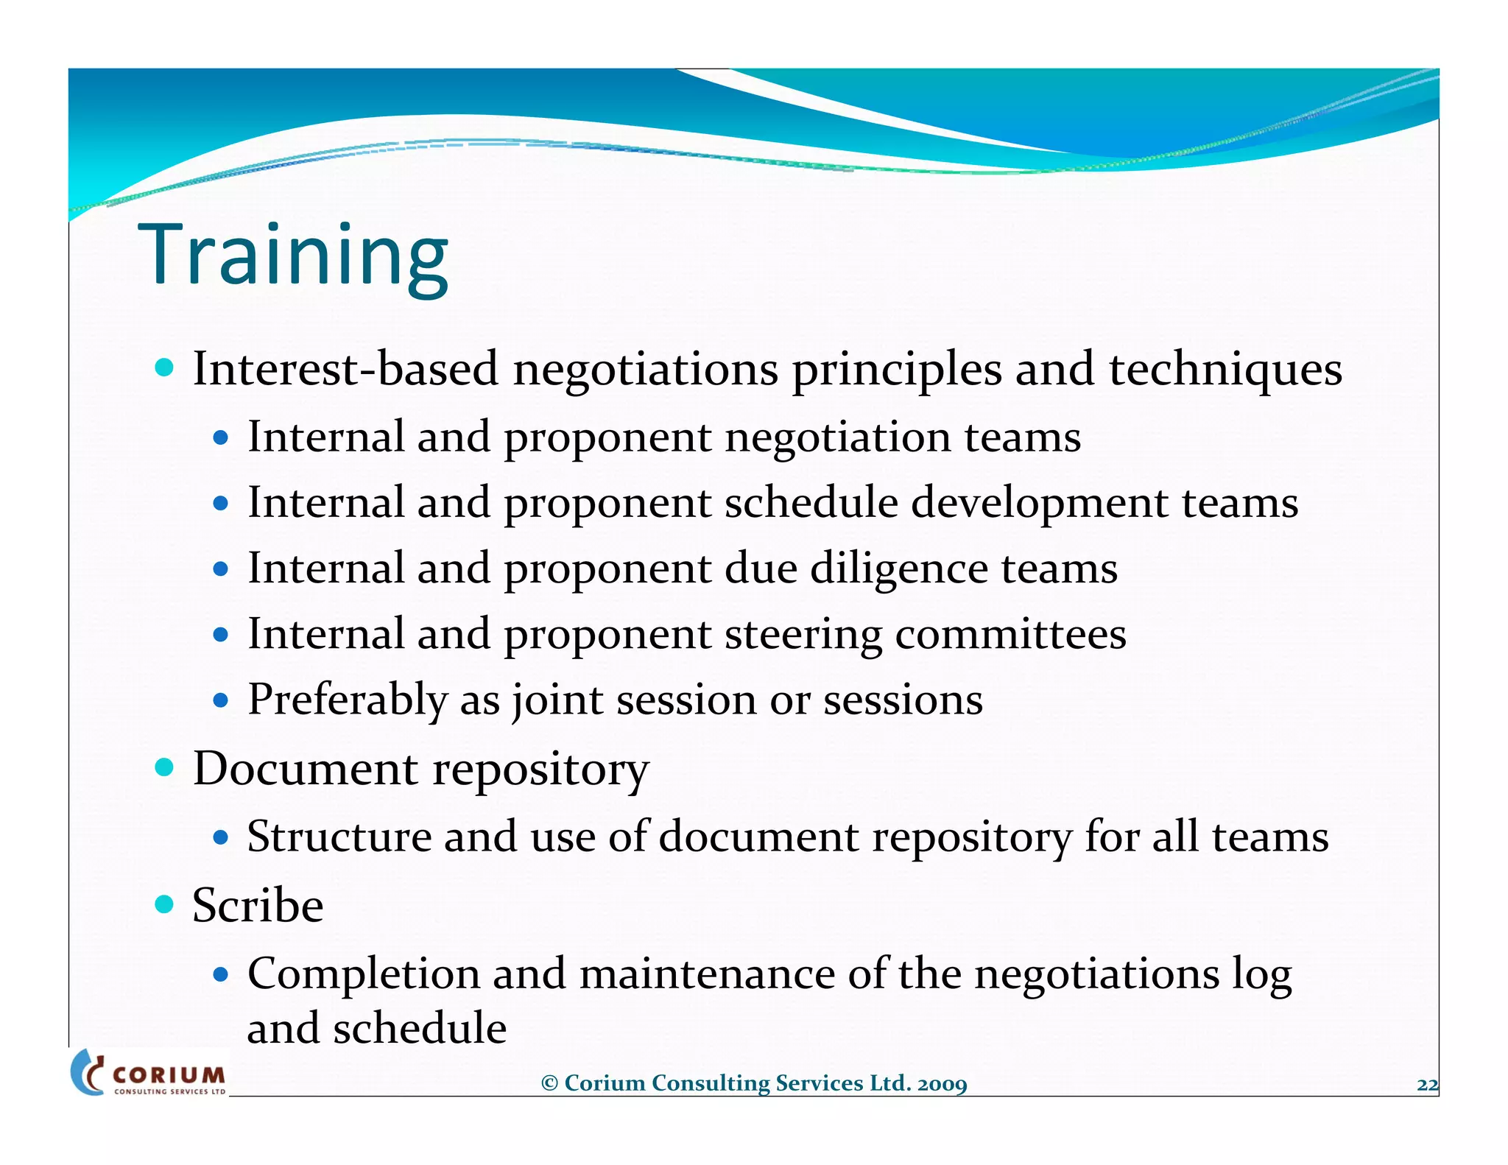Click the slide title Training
pyautogui.click(x=293, y=255)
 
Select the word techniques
pyautogui.click(x=1225, y=369)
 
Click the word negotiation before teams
pyautogui.click(x=838, y=437)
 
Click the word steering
pyautogui.click(x=803, y=635)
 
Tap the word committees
pyautogui.click(x=1010, y=635)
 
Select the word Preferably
pyautogui.click(x=348, y=700)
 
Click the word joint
pyautogui.click(x=558, y=700)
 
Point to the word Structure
pyautogui.click(x=339, y=837)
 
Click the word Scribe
pyautogui.click(x=258, y=905)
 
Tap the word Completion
pyautogui.click(x=364, y=974)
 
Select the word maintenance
pyautogui.click(x=707, y=974)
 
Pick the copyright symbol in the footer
pyautogui.click(x=549, y=1084)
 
